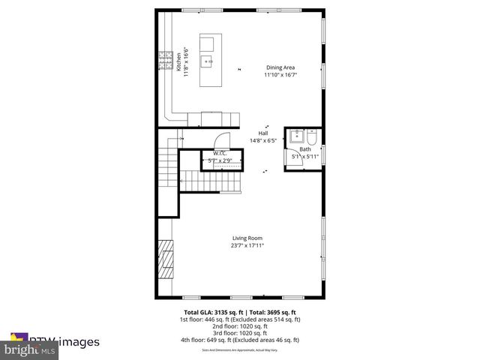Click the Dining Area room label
point(278,67)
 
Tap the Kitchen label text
point(179,61)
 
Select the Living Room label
point(247,238)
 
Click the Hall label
point(263,133)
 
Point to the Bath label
point(304,149)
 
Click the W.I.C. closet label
point(220,153)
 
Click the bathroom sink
point(297,136)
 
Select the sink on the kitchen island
point(209,61)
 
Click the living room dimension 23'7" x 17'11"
point(247,246)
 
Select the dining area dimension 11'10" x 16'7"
point(278,75)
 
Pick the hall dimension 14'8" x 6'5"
point(263,140)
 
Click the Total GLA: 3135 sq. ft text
point(211,312)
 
